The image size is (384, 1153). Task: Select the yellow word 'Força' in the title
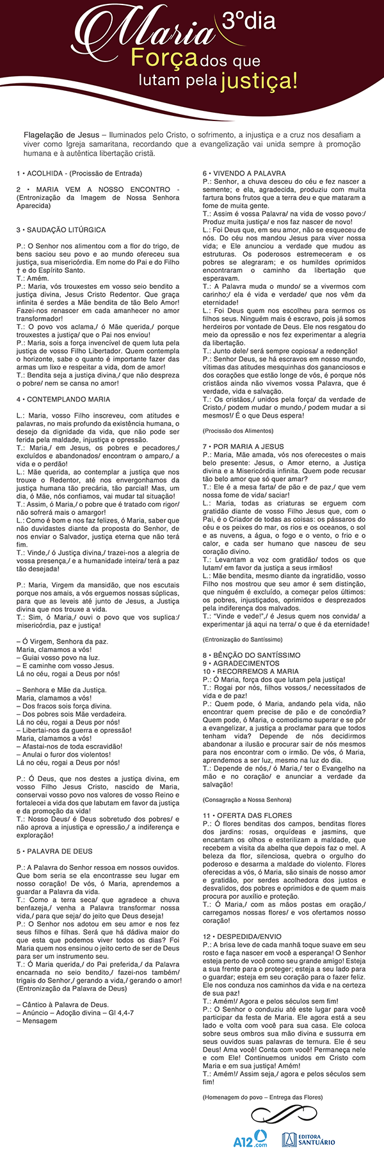click(164, 59)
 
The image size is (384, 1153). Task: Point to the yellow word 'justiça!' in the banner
click(259, 81)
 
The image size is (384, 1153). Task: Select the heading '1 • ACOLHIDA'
click(42, 174)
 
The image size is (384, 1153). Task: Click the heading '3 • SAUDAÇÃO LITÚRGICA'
click(61, 229)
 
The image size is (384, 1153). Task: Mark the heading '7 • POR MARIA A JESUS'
click(244, 446)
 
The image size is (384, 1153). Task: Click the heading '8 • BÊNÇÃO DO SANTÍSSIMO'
click(252, 655)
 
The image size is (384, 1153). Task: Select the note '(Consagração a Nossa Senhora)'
click(246, 800)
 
